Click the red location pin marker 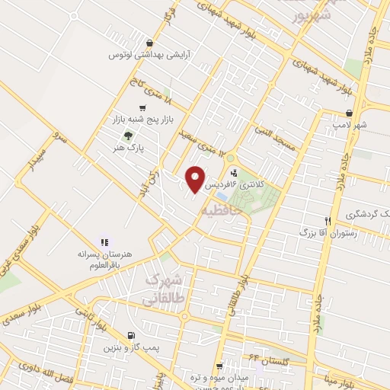196,180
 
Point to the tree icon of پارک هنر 127,135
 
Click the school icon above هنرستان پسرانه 104,241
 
